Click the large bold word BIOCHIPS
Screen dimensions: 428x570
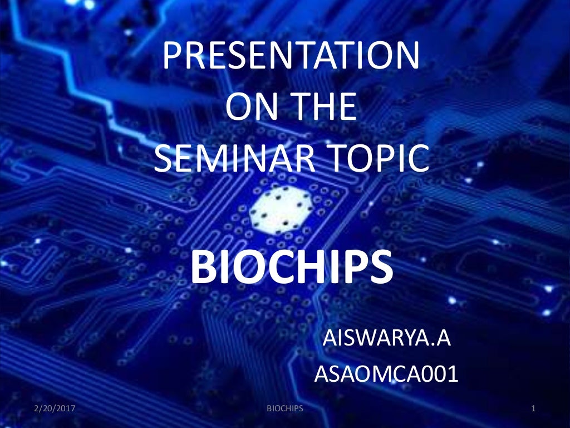[291, 266]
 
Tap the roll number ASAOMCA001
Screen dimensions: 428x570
[386, 374]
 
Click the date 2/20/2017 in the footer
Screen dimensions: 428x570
[54, 409]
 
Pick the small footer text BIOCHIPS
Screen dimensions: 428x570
[285, 409]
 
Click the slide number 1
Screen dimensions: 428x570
[533, 409]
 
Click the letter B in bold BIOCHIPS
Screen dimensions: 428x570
[204, 266]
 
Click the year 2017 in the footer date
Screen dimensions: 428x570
[65, 409]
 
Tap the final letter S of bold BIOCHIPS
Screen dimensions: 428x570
[380, 266]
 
